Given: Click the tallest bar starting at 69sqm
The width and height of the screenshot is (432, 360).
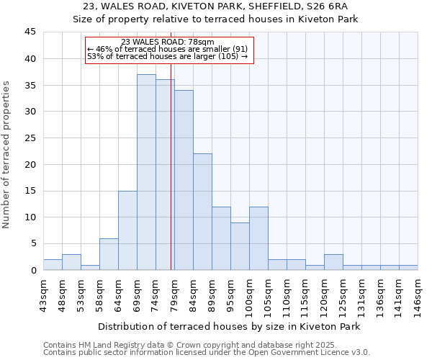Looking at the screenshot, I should [x=146, y=173].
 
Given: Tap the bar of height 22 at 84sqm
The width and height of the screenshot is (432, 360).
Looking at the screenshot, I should [x=202, y=212].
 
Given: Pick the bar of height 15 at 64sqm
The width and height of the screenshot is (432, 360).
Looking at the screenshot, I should [x=127, y=230].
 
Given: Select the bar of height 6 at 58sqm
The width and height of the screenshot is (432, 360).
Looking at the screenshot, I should [x=109, y=254].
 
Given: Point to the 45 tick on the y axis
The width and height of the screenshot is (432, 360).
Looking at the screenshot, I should [x=30, y=32].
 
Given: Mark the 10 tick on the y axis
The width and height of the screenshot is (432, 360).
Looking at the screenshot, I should [x=30, y=217].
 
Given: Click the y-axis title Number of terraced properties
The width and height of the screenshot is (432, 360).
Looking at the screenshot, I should [x=6, y=155].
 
